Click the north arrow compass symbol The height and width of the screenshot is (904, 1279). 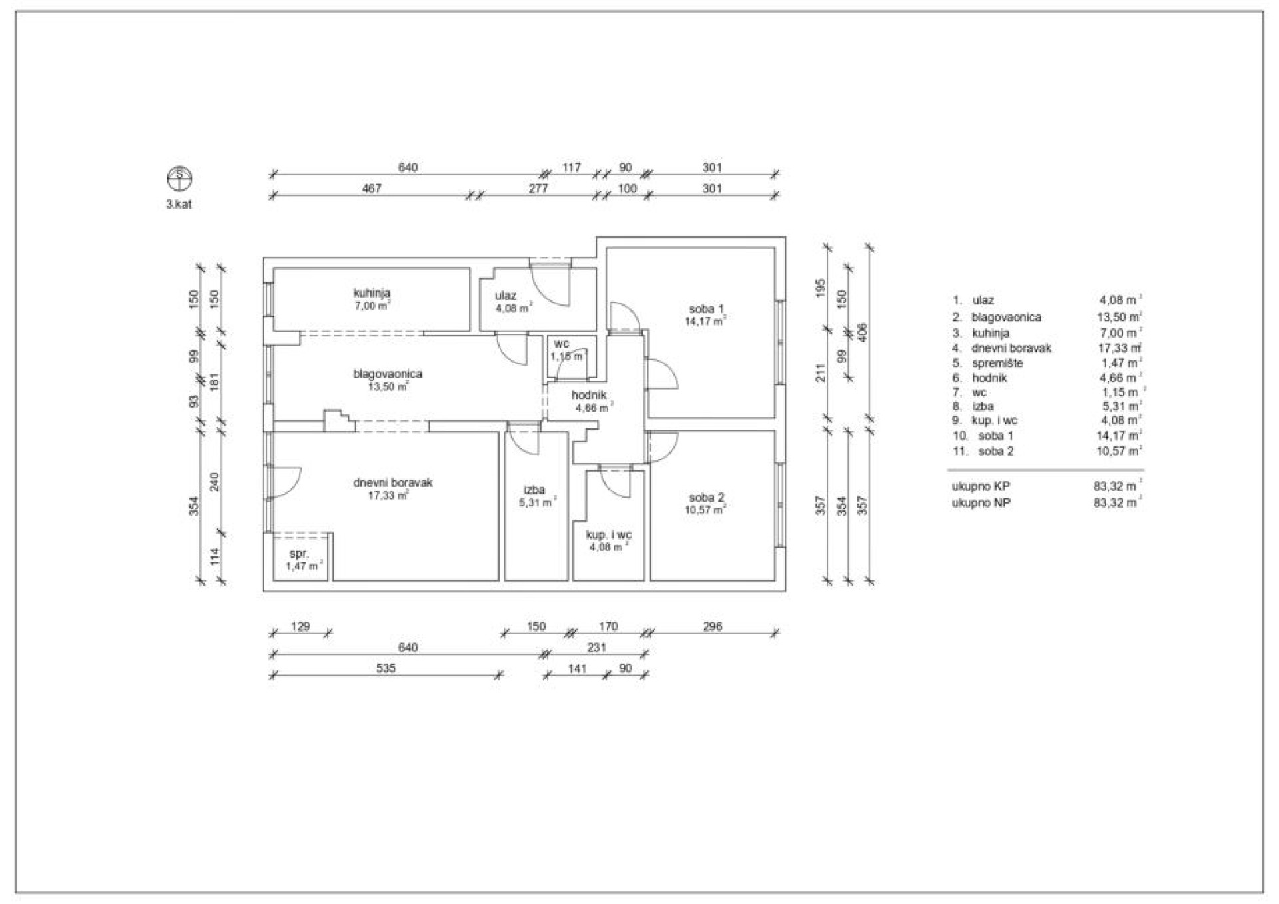pos(179,178)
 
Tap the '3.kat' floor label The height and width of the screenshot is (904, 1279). pos(179,205)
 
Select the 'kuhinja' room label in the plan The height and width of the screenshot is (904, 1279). pos(372,293)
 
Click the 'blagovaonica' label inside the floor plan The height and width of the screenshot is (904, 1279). pos(388,374)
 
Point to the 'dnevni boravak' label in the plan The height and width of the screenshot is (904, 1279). pos(393,482)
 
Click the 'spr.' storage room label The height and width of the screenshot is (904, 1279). pos(299,554)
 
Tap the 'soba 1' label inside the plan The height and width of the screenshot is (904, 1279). pos(706,309)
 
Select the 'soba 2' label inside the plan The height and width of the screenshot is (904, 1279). pos(706,498)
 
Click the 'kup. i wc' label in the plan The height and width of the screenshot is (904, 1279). pos(609,535)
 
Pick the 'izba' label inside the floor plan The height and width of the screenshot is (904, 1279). pos(534,490)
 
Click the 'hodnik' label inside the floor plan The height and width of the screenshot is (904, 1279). pos(589,395)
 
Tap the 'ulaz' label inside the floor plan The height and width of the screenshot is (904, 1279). pos(506,296)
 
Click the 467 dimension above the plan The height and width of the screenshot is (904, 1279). pos(372,189)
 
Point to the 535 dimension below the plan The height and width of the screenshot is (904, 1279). pos(386,668)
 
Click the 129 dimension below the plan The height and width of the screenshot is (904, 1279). pos(300,626)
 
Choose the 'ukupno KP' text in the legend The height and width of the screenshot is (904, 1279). pos(981,486)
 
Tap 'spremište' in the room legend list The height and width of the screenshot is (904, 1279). pos(997,363)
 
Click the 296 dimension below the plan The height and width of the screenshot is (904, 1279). pos(712,626)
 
